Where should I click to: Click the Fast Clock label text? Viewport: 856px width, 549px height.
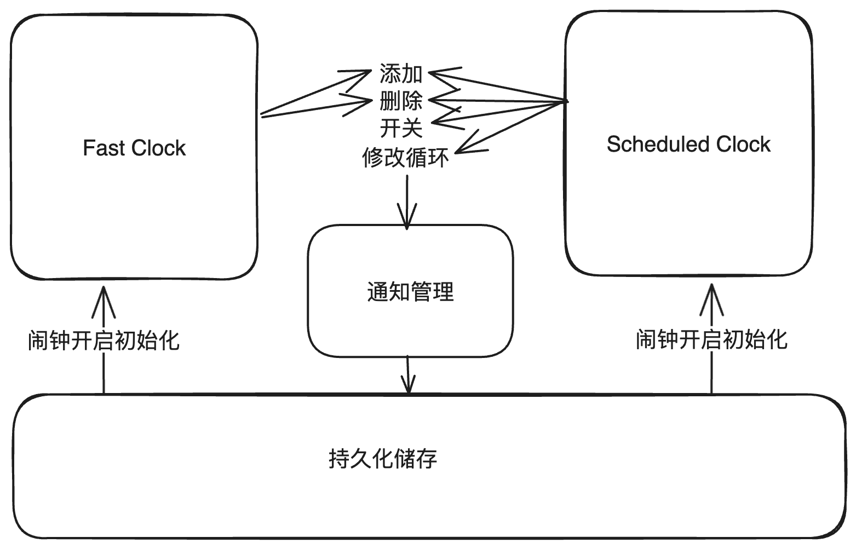click(134, 148)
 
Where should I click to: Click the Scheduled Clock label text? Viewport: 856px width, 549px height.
click(688, 145)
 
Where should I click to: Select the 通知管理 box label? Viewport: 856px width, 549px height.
click(410, 292)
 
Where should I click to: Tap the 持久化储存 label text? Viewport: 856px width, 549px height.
click(383, 459)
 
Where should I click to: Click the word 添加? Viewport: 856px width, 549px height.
click(401, 73)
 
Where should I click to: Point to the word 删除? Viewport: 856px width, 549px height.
click(401, 101)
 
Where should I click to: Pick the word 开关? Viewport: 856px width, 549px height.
click(401, 129)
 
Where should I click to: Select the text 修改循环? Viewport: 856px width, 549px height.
click(405, 158)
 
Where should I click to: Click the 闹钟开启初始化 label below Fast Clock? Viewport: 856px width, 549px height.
click(104, 340)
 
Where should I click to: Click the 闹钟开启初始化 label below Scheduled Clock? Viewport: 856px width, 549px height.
click(711, 340)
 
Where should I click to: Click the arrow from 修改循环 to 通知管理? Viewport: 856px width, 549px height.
click(406, 200)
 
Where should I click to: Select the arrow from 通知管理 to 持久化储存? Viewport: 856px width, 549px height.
click(408, 375)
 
